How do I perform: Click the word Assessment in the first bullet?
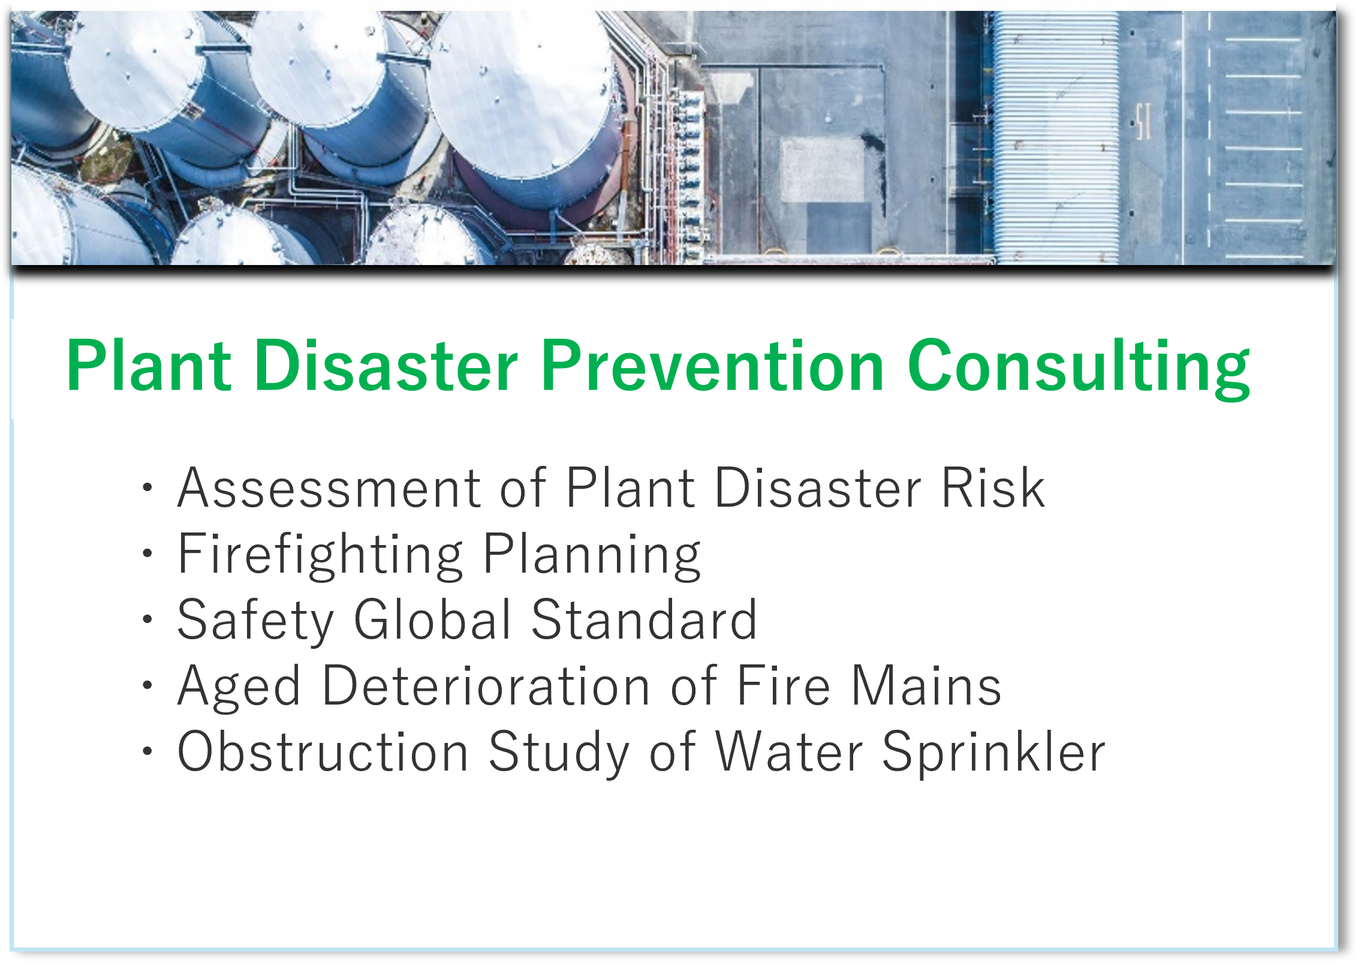click(x=329, y=488)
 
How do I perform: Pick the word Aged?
click(x=239, y=687)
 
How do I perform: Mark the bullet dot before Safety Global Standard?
click(x=147, y=619)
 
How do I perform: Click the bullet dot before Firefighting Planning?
click(x=147, y=553)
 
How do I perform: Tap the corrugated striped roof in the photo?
click(x=1056, y=138)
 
